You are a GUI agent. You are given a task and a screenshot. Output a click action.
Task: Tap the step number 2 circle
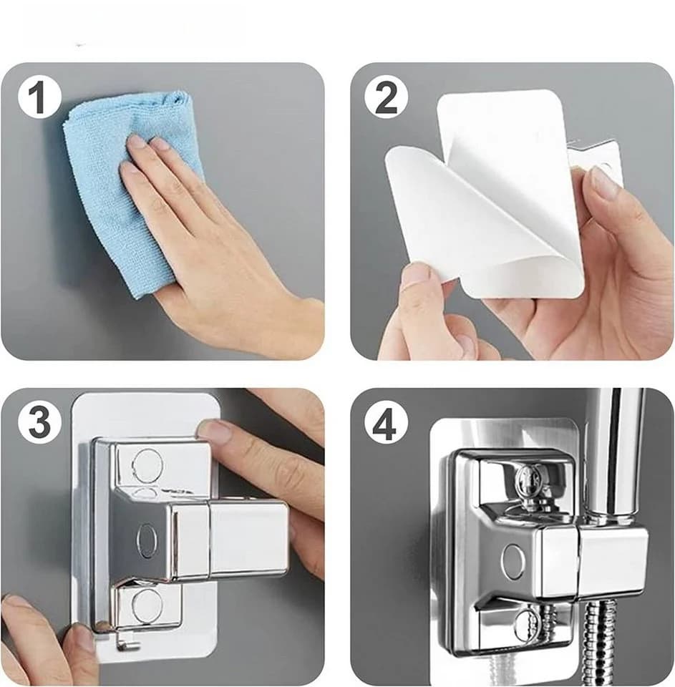click(386, 99)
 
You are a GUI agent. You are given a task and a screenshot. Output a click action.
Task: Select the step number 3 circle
click(39, 422)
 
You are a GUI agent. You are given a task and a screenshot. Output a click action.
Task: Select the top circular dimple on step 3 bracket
click(148, 464)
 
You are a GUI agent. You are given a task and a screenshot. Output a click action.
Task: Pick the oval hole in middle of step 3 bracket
click(147, 542)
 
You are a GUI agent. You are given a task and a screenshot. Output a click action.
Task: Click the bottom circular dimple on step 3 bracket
click(147, 606)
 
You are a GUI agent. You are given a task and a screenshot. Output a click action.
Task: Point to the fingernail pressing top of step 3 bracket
click(215, 430)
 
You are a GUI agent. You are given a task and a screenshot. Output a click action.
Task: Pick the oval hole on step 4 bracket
click(513, 561)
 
